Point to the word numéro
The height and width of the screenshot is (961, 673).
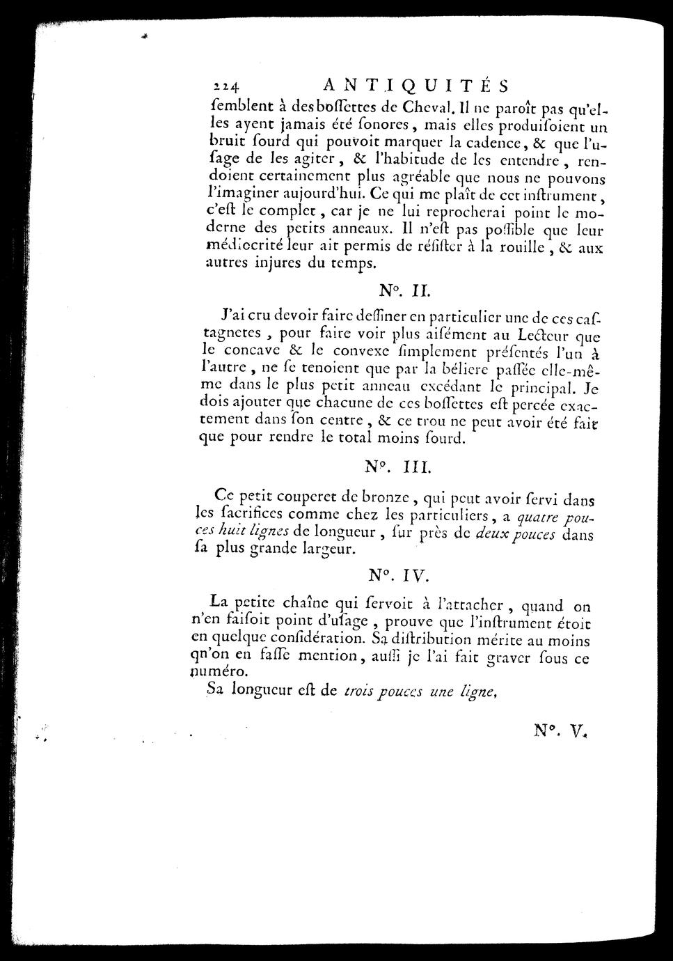pyautogui.click(x=220, y=673)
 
